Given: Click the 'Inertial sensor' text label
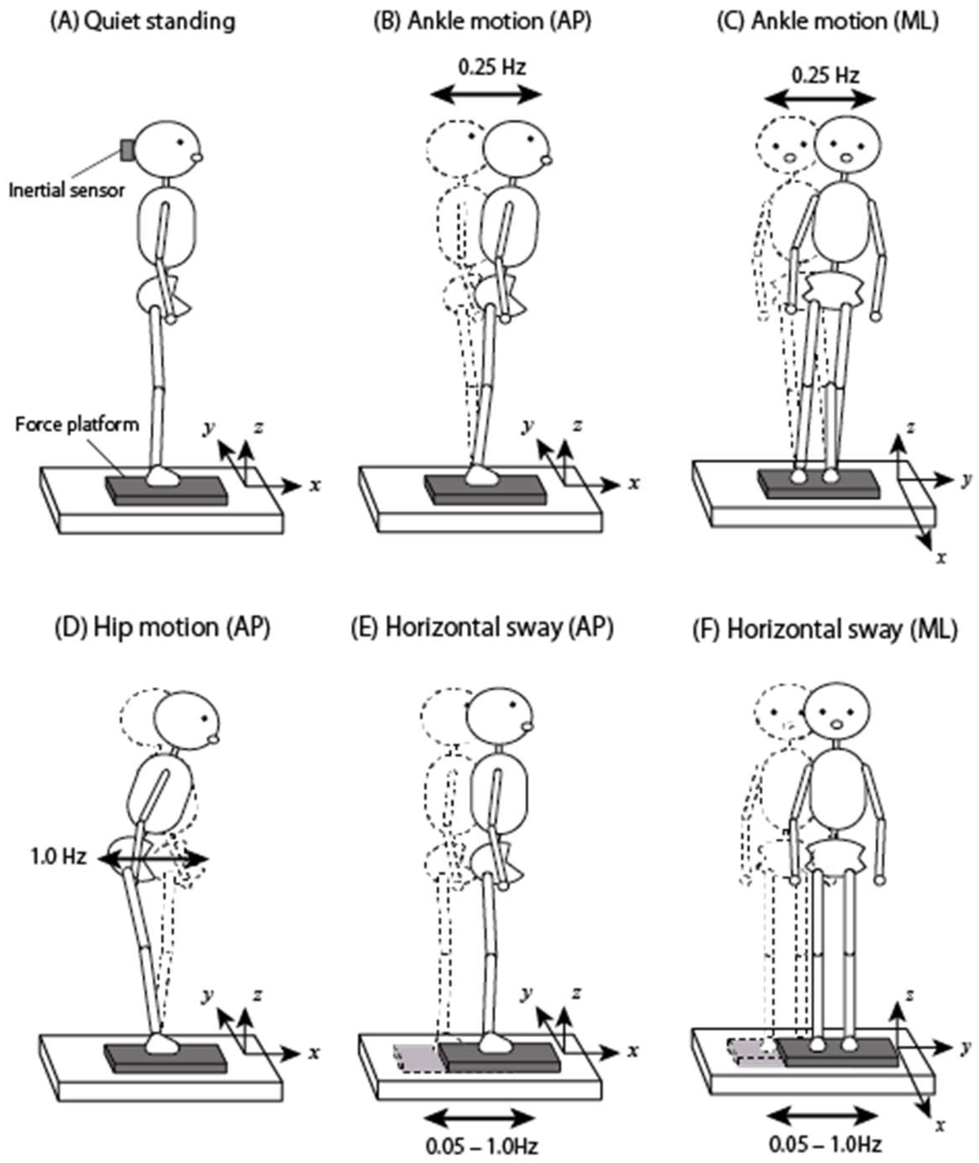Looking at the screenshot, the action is coord(67,190).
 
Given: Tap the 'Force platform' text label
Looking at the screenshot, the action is coord(77,425).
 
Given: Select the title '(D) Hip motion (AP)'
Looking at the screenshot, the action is coord(163,628).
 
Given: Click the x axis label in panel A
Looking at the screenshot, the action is coord(315,485).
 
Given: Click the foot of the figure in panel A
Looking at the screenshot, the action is coord(163,476).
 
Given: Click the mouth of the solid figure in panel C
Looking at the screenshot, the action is coord(846,158).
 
